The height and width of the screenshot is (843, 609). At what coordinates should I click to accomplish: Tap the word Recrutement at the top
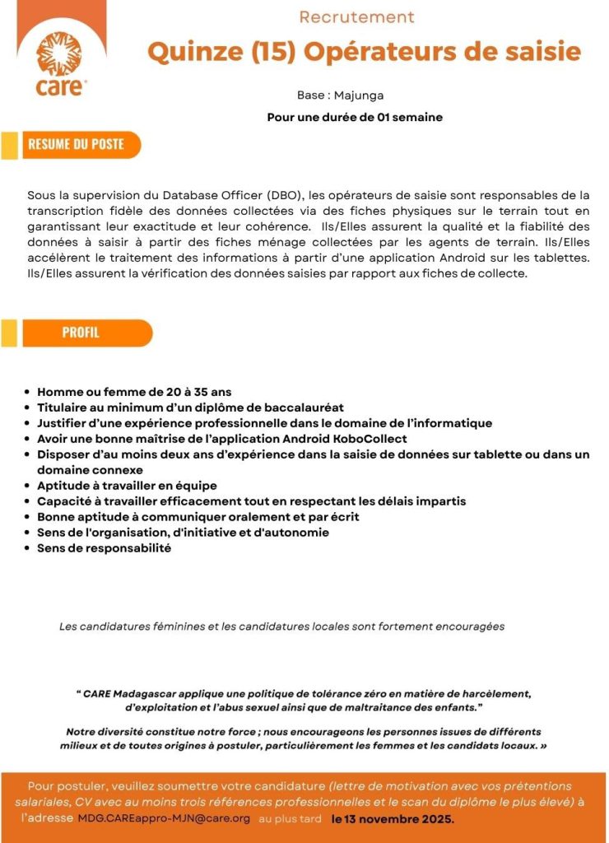pos(356,17)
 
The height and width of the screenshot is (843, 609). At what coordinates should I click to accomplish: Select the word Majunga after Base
pos(359,95)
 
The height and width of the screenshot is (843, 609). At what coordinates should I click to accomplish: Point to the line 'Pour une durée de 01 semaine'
pos(355,117)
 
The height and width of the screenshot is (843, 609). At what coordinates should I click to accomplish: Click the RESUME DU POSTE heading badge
pos(76,145)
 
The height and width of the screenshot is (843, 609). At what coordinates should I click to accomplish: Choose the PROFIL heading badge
pos(81,333)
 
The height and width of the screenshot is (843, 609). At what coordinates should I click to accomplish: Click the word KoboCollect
pos(369,439)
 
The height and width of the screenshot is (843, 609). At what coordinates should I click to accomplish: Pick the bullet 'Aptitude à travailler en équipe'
pos(127,486)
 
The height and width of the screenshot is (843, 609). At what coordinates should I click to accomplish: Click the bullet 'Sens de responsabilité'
pos(104,548)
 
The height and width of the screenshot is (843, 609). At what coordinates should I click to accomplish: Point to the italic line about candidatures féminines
pos(281,626)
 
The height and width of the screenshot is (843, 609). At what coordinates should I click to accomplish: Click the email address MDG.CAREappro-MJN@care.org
pos(164,819)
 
